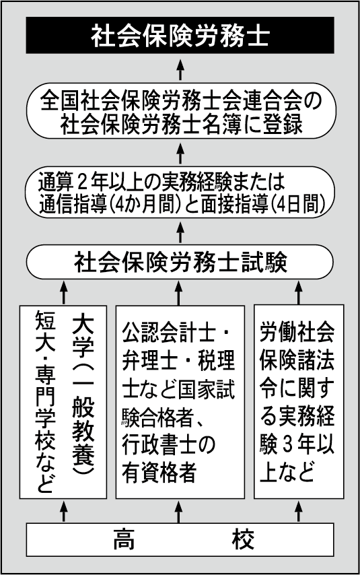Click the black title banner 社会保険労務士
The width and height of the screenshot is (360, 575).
coord(180,35)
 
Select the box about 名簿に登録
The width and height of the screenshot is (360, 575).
coord(181,111)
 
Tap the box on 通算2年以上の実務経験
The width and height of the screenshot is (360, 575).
coord(180,193)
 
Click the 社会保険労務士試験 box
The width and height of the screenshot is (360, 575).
coord(180,262)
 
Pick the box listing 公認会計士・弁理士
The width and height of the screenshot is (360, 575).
coord(180,402)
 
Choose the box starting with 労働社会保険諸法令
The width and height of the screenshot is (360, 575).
coord(299,402)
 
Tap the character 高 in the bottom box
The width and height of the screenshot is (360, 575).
coord(124,539)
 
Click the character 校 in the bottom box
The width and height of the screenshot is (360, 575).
coord(243,539)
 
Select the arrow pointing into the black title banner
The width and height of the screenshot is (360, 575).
coord(180,69)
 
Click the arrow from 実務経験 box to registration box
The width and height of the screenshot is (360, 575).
coord(180,153)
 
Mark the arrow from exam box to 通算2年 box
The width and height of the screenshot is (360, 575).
coord(180,232)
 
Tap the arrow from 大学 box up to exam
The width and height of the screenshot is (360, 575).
coord(64,292)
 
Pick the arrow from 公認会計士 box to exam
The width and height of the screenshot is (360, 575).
coord(178,292)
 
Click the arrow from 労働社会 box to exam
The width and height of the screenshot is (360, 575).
coord(298,292)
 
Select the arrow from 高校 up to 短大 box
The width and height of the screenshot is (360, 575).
coord(64,511)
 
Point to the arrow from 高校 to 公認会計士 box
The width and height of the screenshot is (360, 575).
coord(178,511)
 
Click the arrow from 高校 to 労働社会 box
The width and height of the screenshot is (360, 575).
coord(298,511)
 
